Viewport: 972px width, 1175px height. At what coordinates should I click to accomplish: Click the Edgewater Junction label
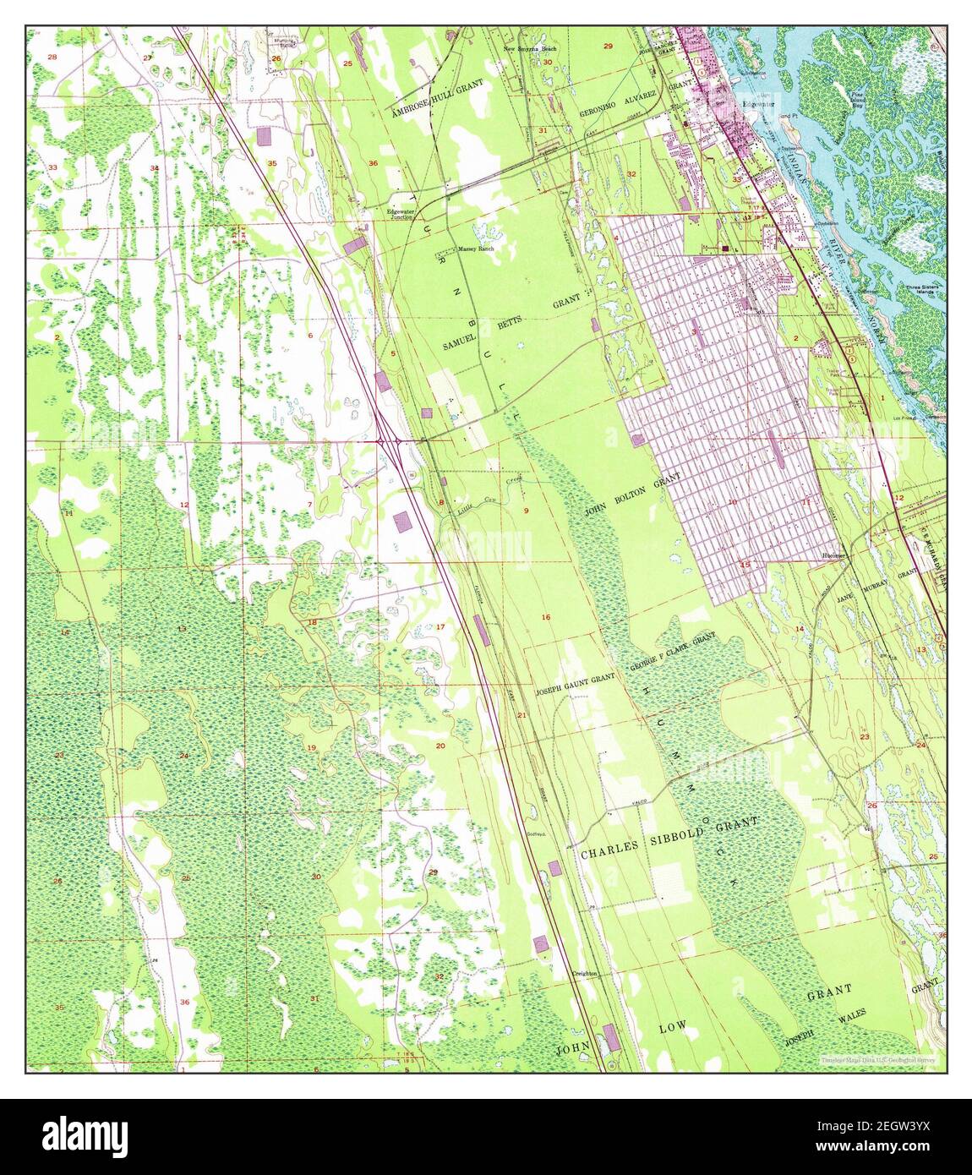[401, 214]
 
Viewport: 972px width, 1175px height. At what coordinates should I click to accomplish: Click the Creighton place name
[585, 974]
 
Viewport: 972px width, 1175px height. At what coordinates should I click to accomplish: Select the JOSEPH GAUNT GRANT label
[574, 686]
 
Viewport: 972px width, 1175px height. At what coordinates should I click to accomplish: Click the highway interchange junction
[390, 441]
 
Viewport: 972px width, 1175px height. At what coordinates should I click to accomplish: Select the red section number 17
[440, 626]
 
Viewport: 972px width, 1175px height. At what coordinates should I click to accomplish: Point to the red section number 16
[546, 617]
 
